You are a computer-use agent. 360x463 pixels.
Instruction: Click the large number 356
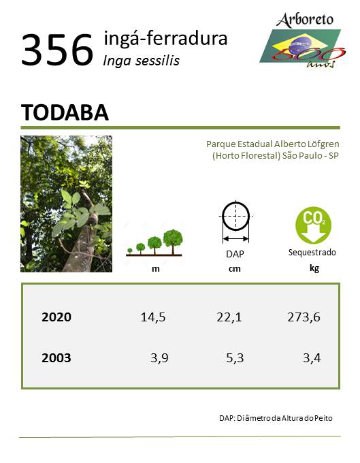[57, 50]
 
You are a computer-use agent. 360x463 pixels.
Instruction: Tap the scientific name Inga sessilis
[142, 61]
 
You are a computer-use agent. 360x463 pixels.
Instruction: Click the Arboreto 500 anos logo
[303, 40]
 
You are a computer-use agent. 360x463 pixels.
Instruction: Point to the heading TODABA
[65, 112]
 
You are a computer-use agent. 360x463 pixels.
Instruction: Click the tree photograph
[67, 204]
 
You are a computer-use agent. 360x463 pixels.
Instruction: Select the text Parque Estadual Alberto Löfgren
[273, 144]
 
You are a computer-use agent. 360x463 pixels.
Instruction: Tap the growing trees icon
[154, 242]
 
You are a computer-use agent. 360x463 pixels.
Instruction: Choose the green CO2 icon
[313, 225]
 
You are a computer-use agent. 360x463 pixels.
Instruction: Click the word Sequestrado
[312, 253]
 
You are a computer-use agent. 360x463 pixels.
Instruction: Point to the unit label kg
[314, 268]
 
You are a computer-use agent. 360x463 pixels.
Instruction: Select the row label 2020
[56, 317]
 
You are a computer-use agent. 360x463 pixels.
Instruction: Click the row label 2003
[56, 358]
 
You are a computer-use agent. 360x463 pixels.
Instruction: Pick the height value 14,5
[153, 317]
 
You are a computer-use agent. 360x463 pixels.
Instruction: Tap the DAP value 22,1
[229, 317]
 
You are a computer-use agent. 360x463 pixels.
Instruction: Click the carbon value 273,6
[304, 317]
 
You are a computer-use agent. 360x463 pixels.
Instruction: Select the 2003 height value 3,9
[159, 358]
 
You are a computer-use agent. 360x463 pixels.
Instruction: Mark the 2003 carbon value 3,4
[312, 358]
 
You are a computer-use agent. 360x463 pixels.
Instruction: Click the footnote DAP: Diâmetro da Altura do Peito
[276, 418]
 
